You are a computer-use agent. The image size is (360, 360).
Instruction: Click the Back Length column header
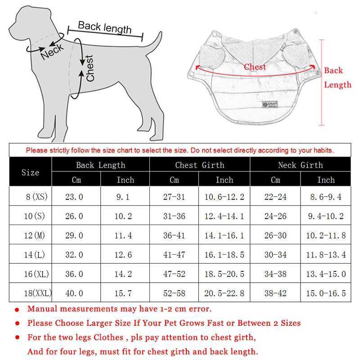click(100, 165)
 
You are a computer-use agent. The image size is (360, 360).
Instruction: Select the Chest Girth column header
click(199, 165)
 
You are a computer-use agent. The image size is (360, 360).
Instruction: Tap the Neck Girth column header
click(300, 165)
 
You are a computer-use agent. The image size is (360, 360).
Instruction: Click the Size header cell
click(30, 172)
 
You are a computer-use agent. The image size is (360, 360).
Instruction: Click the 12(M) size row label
click(35, 235)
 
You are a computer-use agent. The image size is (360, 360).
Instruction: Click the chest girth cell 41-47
click(174, 255)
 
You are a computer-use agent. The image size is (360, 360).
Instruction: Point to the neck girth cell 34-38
click(275, 274)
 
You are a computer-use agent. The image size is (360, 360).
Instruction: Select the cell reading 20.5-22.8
click(224, 293)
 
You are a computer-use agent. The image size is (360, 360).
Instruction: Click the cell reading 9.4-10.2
click(325, 216)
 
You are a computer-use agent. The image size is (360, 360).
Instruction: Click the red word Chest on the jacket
click(255, 67)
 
